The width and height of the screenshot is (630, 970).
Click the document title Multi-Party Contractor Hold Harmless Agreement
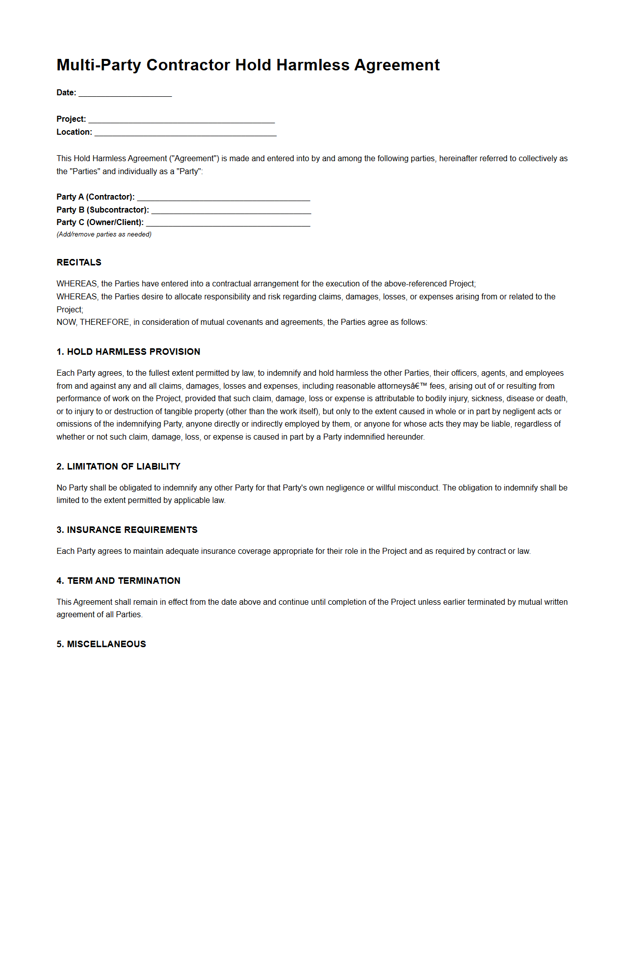point(248,65)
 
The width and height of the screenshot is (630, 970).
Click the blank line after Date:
point(125,93)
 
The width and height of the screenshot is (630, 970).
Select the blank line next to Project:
point(182,119)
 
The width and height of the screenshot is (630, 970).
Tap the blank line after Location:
point(186,132)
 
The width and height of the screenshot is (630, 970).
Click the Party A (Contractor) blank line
point(223,197)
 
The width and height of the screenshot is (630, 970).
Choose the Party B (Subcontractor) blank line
point(231,210)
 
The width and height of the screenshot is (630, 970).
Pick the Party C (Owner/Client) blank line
point(228,223)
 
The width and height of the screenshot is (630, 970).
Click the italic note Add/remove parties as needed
point(104,235)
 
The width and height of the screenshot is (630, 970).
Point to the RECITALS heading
point(79,262)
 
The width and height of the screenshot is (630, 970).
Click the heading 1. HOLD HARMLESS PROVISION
point(128,352)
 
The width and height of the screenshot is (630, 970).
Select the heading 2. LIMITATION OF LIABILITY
point(118,467)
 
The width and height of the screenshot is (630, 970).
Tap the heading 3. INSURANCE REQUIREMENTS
point(127,530)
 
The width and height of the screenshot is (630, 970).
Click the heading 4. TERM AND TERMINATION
point(118,581)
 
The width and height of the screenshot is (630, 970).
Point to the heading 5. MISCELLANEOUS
point(101,644)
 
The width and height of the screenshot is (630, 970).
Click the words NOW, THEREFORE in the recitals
point(93,322)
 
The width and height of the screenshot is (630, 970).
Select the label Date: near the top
point(66,93)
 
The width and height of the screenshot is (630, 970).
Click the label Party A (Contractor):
point(95,197)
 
